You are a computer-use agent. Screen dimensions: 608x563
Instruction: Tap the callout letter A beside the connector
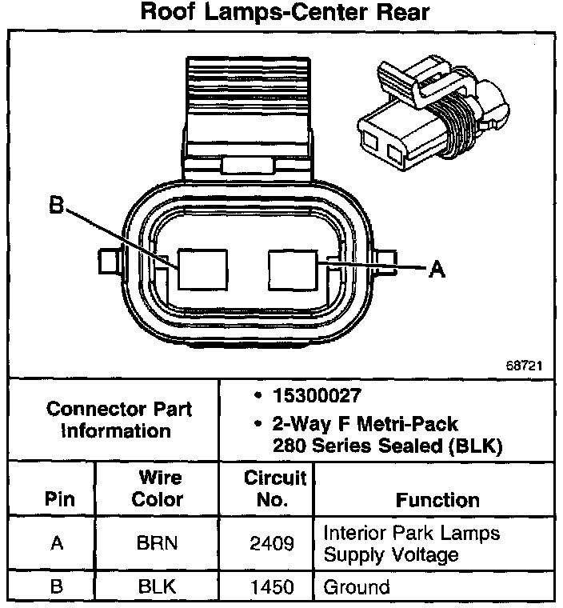coord(436,270)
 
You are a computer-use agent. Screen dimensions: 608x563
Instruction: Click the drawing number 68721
coord(524,365)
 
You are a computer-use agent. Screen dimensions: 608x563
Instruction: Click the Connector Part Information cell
coord(119,419)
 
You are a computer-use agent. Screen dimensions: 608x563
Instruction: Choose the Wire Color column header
coord(160,488)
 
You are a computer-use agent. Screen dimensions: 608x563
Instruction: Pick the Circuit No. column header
coord(274,488)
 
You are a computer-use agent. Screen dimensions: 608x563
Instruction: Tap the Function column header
coord(437,500)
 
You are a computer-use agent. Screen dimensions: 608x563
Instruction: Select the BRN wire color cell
coord(158,544)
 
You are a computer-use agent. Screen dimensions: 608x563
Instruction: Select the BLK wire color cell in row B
coord(158,586)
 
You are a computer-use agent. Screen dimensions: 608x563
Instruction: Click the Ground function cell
coord(356,586)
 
